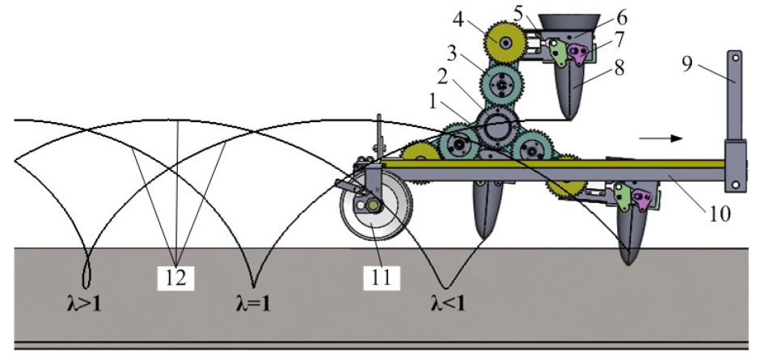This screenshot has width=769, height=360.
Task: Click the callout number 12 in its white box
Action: [176, 277]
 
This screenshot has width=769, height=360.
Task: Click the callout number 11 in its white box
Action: [381, 277]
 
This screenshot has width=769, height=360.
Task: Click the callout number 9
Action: [687, 63]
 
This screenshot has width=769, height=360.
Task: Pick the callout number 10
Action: [719, 214]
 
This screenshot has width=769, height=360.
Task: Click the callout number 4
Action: [458, 20]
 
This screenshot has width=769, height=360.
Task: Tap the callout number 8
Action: [620, 68]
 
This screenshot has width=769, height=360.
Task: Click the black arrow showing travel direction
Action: [661, 138]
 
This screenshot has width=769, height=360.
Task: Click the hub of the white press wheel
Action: [374, 206]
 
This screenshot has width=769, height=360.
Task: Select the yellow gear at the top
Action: [504, 43]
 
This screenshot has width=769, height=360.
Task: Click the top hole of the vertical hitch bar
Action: [735, 57]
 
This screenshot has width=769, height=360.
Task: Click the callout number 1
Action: [433, 102]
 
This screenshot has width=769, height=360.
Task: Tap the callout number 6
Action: [621, 18]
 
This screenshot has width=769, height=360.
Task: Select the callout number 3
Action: [452, 53]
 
